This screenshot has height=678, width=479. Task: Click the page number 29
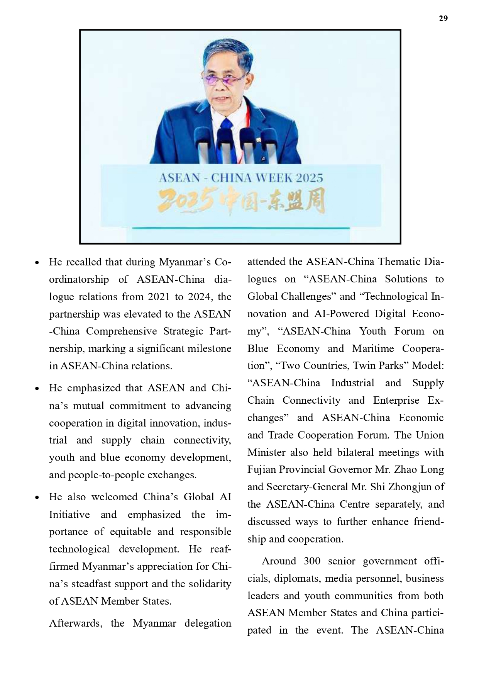(443, 19)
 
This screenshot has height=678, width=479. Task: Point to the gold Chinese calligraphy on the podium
(241, 201)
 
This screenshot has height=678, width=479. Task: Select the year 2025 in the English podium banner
(309, 178)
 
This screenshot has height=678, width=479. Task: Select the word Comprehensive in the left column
(122, 331)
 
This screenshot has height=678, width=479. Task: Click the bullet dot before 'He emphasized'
(37, 389)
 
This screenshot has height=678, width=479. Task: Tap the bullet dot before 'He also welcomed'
(37, 498)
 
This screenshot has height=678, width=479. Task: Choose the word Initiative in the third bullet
(69, 515)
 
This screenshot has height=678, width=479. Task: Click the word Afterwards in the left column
(76, 623)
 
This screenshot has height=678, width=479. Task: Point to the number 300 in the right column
(312, 561)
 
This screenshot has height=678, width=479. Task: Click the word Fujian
(262, 470)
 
